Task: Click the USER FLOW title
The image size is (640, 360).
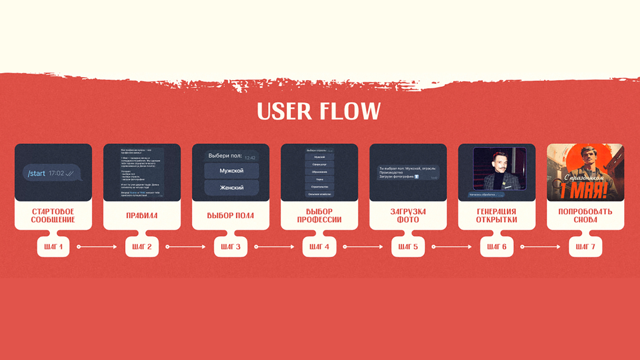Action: point(319,111)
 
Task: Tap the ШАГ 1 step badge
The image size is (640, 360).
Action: point(53,247)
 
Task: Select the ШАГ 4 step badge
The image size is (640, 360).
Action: point(319,247)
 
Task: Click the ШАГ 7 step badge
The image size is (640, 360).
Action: point(585,247)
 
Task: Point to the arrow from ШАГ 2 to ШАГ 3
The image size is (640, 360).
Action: point(186,247)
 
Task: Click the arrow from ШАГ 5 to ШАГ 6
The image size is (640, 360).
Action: point(452,247)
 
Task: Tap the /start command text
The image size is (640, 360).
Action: point(37,173)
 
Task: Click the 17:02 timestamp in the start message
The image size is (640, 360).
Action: point(56,173)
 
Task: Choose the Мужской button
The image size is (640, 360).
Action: point(231,171)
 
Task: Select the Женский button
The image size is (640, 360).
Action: point(231,188)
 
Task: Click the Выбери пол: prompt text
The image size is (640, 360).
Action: point(225,156)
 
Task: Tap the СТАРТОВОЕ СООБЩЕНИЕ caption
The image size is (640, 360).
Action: point(53,216)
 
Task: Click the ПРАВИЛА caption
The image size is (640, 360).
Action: point(142,216)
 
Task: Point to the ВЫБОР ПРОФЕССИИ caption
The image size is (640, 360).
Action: point(319,216)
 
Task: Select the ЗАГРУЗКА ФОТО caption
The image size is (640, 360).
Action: point(408,216)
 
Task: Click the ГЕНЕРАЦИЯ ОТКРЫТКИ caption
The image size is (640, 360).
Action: point(496,216)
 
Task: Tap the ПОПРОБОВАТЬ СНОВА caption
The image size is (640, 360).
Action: point(585,216)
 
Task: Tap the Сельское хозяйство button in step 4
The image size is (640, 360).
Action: point(319,194)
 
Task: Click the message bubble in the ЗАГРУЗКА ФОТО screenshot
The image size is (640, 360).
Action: point(408,173)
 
